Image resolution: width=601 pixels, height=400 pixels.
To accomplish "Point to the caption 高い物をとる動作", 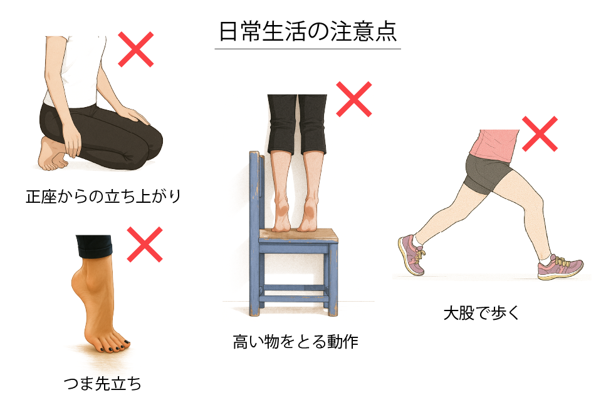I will point(295,342).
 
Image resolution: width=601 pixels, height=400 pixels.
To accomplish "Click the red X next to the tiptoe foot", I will point(145,244).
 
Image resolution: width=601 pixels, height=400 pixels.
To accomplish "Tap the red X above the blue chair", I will point(354,98).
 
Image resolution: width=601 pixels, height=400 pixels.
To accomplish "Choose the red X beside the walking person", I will point(540,133).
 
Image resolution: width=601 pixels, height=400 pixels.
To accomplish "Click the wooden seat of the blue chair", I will point(300,236).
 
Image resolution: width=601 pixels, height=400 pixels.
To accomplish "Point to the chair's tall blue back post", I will point(254,188).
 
